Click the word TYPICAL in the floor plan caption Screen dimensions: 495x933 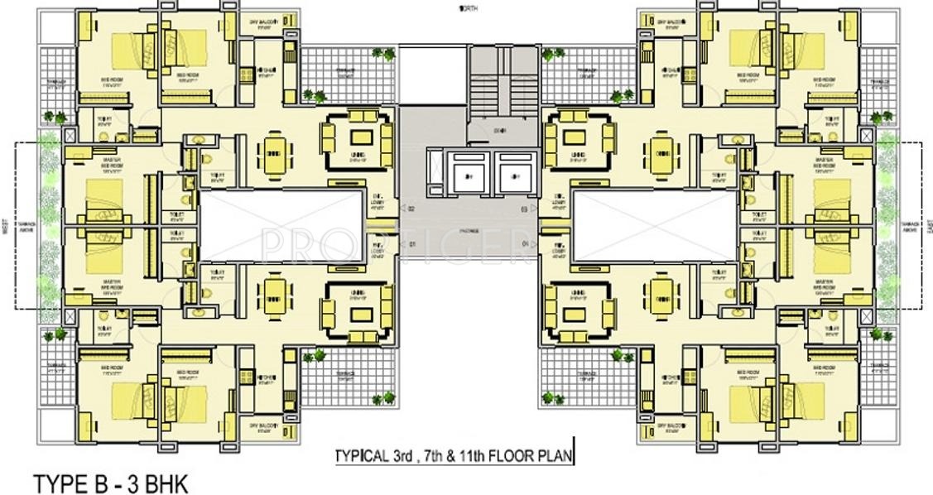click(360, 456)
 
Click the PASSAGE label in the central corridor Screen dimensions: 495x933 click(469, 233)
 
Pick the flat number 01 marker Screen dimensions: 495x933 click(411, 244)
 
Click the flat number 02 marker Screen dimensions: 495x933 click(411, 209)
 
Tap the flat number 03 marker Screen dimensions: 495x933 click(523, 209)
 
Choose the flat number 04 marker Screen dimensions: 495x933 click(523, 244)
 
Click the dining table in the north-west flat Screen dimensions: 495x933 click(272, 154)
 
